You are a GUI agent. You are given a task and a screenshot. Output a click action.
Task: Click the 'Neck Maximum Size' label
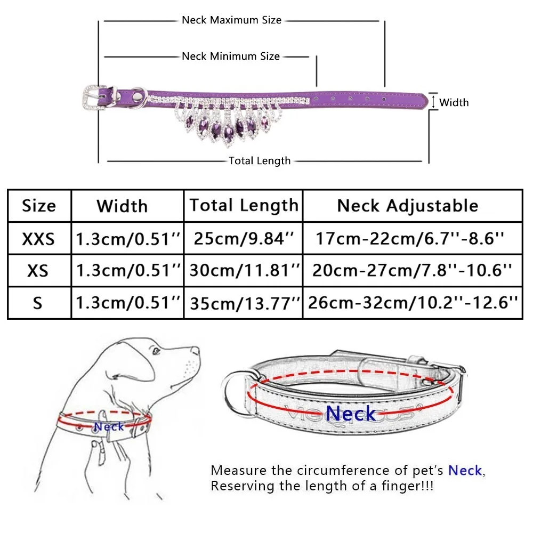pyautogui.click(x=231, y=20)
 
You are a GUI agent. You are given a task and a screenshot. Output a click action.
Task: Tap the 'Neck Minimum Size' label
pyautogui.click(x=231, y=56)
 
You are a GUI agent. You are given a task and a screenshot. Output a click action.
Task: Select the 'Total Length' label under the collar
pyautogui.click(x=260, y=161)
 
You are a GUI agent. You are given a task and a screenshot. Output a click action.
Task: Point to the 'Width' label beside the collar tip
pyautogui.click(x=454, y=102)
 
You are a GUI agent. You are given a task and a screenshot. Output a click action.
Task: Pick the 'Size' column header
pyautogui.click(x=39, y=206)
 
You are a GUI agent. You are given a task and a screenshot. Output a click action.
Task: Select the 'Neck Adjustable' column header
pyautogui.click(x=408, y=206)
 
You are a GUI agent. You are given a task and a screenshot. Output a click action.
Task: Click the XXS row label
pyautogui.click(x=38, y=238)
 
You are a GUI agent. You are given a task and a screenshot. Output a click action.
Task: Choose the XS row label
pyautogui.click(x=38, y=271)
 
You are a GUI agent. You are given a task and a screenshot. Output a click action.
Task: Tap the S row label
pyautogui.click(x=38, y=303)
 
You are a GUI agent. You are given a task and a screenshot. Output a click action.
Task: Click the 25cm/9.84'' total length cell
pyautogui.click(x=243, y=238)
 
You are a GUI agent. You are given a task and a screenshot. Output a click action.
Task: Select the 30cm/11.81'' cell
pyautogui.click(x=243, y=271)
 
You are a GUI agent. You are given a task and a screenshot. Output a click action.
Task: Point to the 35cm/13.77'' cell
pyautogui.click(x=243, y=303)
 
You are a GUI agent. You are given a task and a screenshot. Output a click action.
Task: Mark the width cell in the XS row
pyautogui.click(x=127, y=271)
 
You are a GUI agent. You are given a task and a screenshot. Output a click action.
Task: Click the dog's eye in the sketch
pyautogui.click(x=155, y=351)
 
